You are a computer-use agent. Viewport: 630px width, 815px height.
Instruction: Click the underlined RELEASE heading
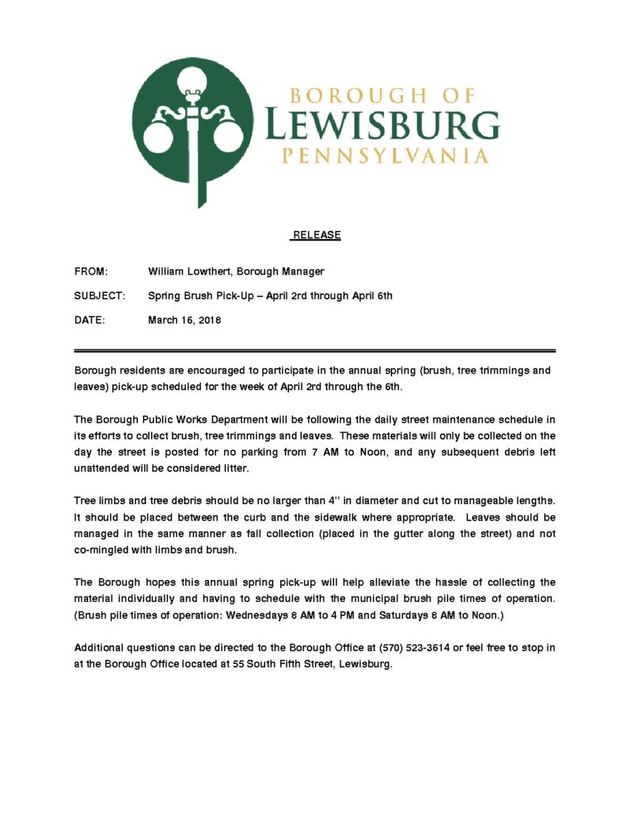(x=317, y=235)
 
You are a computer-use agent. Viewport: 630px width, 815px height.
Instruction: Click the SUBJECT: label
(x=100, y=296)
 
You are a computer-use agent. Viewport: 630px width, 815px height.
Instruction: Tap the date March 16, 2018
(x=184, y=320)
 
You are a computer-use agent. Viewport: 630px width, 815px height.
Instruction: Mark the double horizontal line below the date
(x=314, y=350)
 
